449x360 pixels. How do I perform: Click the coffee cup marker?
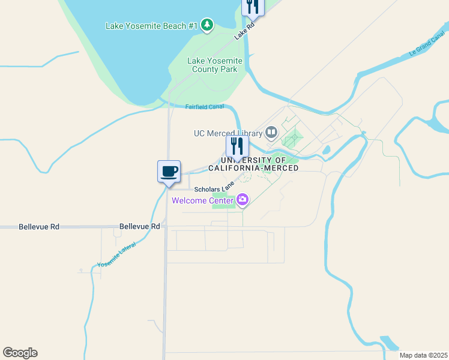click(169, 172)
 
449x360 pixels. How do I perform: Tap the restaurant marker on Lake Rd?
click(253, 7)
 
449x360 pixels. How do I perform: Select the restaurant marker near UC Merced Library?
click(237, 146)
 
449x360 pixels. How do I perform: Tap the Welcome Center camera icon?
click(243, 200)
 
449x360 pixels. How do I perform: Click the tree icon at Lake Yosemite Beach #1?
click(207, 25)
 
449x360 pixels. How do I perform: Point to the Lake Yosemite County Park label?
click(215, 65)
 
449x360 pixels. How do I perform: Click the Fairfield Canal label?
click(204, 107)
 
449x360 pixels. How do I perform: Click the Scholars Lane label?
click(214, 188)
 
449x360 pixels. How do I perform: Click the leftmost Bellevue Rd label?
click(39, 227)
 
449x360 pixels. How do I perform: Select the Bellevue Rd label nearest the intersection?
click(140, 226)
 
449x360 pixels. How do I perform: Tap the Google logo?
click(20, 353)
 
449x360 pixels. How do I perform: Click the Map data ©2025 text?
click(423, 355)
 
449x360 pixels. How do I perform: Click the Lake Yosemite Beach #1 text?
click(151, 26)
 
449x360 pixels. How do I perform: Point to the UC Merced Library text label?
click(228, 133)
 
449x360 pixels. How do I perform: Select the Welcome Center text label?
click(202, 200)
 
